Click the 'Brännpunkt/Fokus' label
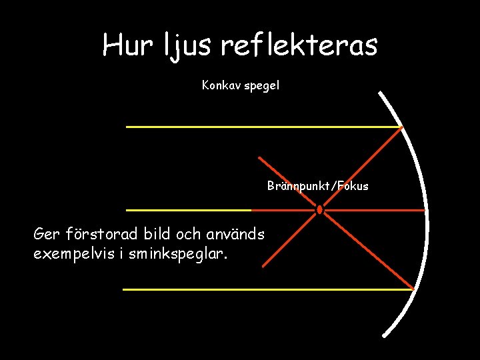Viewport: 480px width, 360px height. [317, 186]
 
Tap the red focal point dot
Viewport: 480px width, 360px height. [319, 210]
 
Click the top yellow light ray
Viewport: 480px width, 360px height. [260, 127]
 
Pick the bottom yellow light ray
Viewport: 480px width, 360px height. [267, 289]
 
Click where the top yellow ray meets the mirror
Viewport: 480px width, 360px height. [402, 127]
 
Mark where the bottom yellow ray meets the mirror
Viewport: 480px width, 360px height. [413, 289]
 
